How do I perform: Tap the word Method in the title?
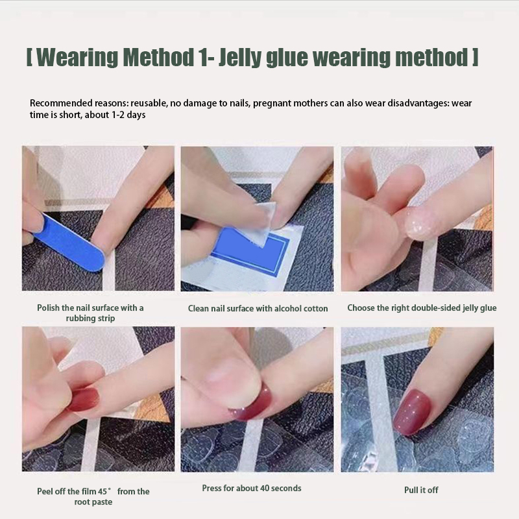(x=158, y=57)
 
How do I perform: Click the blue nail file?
(x=68, y=242)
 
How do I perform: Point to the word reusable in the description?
(x=149, y=103)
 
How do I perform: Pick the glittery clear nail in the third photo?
(x=421, y=223)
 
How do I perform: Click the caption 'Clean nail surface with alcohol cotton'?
(x=258, y=309)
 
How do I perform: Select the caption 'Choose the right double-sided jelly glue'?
(x=422, y=308)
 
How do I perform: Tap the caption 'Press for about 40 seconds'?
(x=252, y=489)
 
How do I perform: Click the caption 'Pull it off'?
(x=421, y=490)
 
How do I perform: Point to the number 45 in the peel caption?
(x=103, y=492)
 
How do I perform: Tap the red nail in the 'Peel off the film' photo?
(x=85, y=400)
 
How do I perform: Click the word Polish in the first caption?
(x=48, y=308)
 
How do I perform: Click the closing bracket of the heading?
(x=476, y=57)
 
